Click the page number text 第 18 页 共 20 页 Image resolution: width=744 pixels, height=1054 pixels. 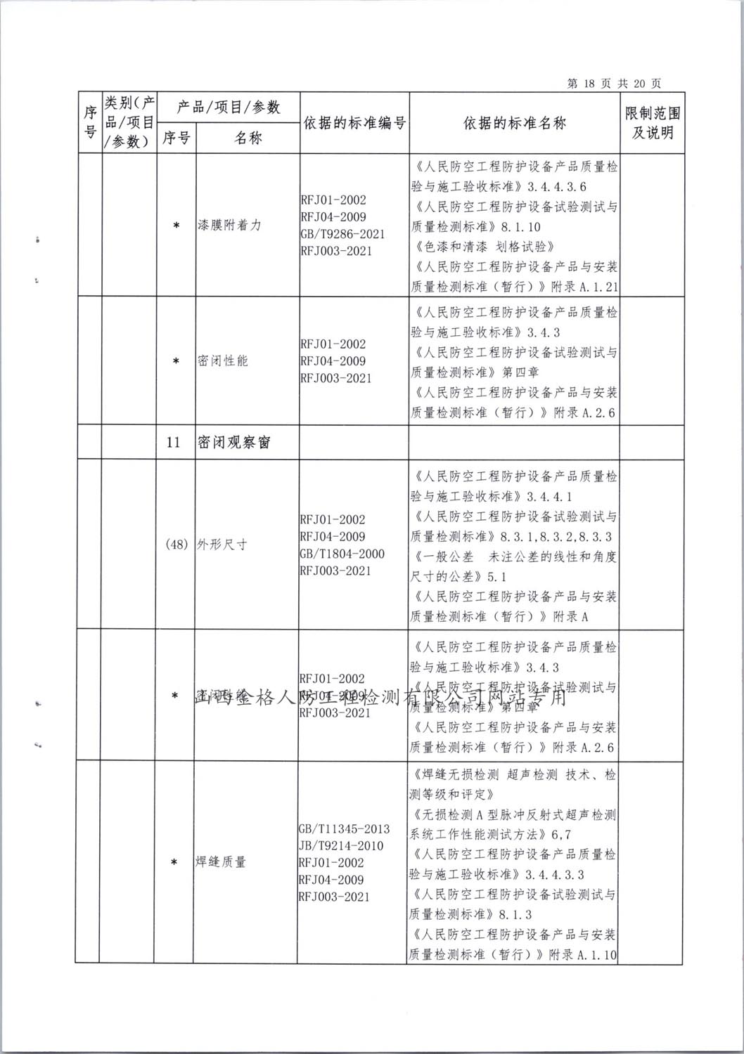[613, 84]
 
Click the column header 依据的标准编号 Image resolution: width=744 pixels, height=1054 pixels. [354, 123]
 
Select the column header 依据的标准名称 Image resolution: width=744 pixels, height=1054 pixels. [515, 123]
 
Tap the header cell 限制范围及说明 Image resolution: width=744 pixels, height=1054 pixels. [653, 123]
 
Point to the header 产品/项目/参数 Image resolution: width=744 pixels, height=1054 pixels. [228, 107]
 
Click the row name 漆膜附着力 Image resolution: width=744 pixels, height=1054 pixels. [227, 226]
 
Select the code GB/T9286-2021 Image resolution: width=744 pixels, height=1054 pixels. [342, 234]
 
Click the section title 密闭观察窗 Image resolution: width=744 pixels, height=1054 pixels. [234, 443]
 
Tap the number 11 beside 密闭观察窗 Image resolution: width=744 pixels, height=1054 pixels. [174, 443]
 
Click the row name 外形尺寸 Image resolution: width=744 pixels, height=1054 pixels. [222, 545]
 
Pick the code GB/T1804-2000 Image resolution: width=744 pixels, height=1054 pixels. [342, 554]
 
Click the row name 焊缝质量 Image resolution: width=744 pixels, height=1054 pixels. [221, 862]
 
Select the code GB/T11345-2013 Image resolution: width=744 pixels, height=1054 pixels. [344, 829]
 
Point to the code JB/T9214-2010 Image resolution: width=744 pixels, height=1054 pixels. [342, 846]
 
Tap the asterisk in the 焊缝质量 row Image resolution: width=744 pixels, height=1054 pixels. [174, 863]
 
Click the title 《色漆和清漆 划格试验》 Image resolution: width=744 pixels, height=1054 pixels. [485, 247]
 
